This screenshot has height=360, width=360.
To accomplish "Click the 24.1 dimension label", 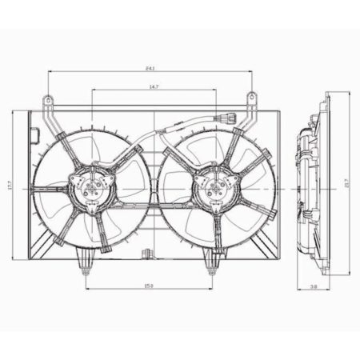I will click(x=150, y=66).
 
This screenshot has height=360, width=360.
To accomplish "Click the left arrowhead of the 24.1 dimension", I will click(x=51, y=71).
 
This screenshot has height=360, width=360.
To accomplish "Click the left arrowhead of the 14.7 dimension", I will click(x=94, y=90).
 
